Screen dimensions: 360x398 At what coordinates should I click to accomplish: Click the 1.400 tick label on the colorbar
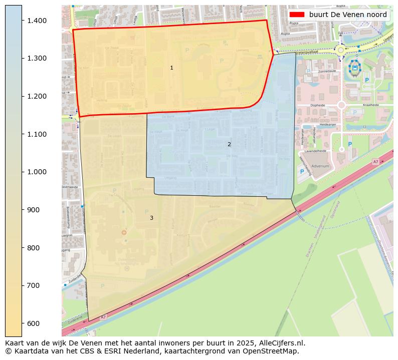pos(37,21)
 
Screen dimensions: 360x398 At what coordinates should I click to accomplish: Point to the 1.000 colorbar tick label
pos(37,172)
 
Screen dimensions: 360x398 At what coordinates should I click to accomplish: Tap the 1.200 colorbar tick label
pos(37,96)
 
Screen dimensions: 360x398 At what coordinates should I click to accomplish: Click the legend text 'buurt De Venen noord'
pos(348,15)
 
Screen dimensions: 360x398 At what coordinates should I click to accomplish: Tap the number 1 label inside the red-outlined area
pos(171,68)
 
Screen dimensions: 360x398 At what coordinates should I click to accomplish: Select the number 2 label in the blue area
pos(229,144)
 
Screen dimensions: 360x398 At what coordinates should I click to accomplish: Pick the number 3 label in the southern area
pos(151,218)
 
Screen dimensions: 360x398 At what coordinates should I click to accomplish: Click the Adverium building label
pos(320,166)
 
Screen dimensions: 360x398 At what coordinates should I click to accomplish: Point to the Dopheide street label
pos(318,105)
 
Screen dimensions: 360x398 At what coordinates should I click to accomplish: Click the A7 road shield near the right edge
pos(375,162)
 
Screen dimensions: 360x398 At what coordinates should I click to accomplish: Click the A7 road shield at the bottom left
pos(103,317)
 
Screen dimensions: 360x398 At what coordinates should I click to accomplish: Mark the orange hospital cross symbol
pos(124,232)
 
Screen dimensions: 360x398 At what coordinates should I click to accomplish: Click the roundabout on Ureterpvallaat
pos(341,50)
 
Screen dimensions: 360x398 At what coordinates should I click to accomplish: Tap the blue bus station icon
pos(355,67)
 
